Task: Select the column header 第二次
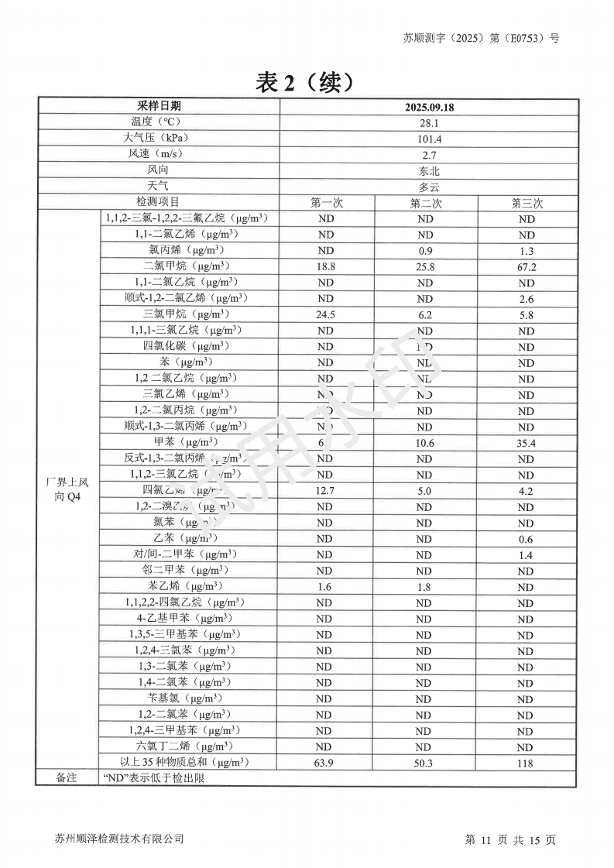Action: pyautogui.click(x=425, y=203)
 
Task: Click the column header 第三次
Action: pyautogui.click(x=527, y=203)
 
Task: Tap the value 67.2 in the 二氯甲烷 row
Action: pyautogui.click(x=527, y=267)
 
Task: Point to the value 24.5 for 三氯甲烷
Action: pyautogui.click(x=325, y=315)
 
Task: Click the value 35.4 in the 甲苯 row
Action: pyautogui.click(x=527, y=444)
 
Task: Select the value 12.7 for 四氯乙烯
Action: pyautogui.click(x=325, y=491)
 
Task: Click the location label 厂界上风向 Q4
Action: pyautogui.click(x=67, y=490)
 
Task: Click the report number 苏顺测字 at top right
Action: pyautogui.click(x=480, y=37)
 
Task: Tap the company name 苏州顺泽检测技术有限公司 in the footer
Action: pyautogui.click(x=120, y=839)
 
